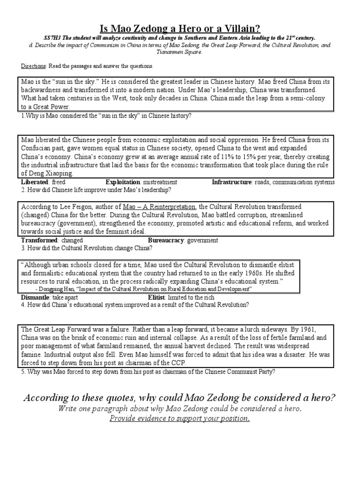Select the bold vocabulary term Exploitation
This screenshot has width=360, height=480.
122,182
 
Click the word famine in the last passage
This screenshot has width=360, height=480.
32,355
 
